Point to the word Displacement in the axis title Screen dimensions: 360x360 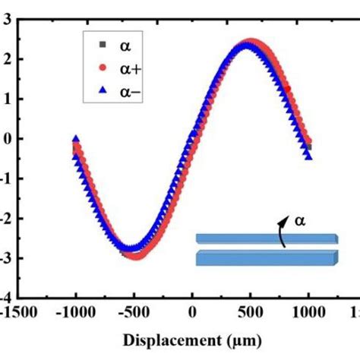coord(162,342)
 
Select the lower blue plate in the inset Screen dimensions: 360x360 coord(266,258)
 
